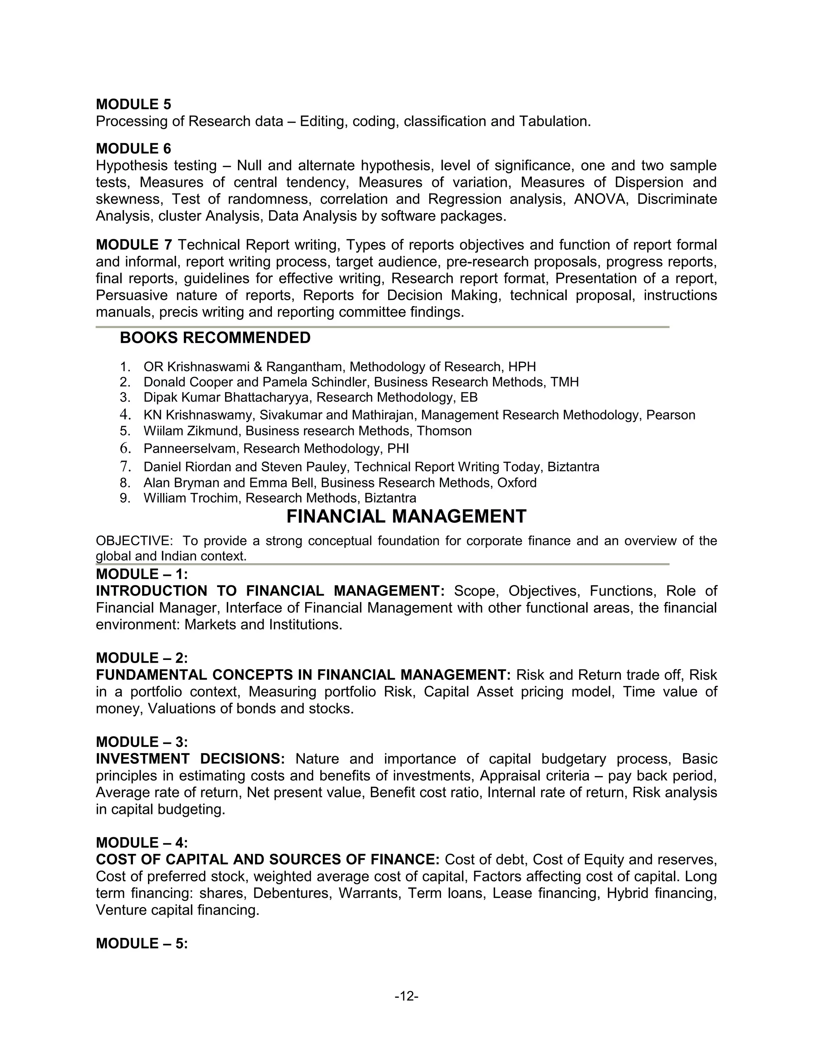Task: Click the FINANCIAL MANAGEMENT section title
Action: click(x=406, y=516)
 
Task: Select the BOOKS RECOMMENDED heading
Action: click(x=215, y=338)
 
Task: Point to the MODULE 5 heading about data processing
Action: click(x=133, y=104)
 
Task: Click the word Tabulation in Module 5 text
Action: click(x=554, y=121)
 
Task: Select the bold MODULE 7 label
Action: click(x=133, y=245)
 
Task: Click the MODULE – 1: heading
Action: click(x=142, y=574)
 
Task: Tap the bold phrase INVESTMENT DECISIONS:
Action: click(x=190, y=759)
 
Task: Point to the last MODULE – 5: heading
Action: click(x=142, y=944)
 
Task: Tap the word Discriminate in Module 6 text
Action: click(x=677, y=199)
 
